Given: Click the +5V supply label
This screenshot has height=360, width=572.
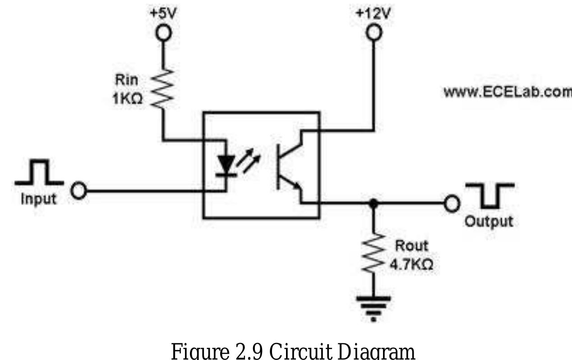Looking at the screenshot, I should click(x=163, y=13).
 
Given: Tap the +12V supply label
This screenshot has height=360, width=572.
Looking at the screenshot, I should click(x=373, y=13).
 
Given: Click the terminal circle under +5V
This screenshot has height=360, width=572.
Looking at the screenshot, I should click(x=163, y=33).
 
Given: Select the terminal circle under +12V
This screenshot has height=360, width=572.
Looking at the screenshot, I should click(x=374, y=32).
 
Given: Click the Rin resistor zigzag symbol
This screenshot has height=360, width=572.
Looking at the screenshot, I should click(x=163, y=88).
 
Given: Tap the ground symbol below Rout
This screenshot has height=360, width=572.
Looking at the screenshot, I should click(x=374, y=307).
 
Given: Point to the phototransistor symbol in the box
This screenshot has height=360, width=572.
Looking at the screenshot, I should click(x=289, y=167).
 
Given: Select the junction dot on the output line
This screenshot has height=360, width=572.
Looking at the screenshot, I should click(x=373, y=203).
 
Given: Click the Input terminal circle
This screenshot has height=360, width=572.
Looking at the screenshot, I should click(x=79, y=190).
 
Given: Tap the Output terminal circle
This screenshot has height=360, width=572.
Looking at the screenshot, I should click(x=451, y=203).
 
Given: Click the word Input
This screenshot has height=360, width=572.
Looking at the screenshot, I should click(x=39, y=199).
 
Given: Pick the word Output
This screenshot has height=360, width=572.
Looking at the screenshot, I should click(x=489, y=222).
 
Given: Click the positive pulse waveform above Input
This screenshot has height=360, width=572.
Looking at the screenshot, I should click(x=39, y=174).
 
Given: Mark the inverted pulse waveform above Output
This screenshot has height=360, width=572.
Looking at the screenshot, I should click(x=490, y=195).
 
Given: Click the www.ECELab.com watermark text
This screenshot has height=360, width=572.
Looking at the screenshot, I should click(x=507, y=92).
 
